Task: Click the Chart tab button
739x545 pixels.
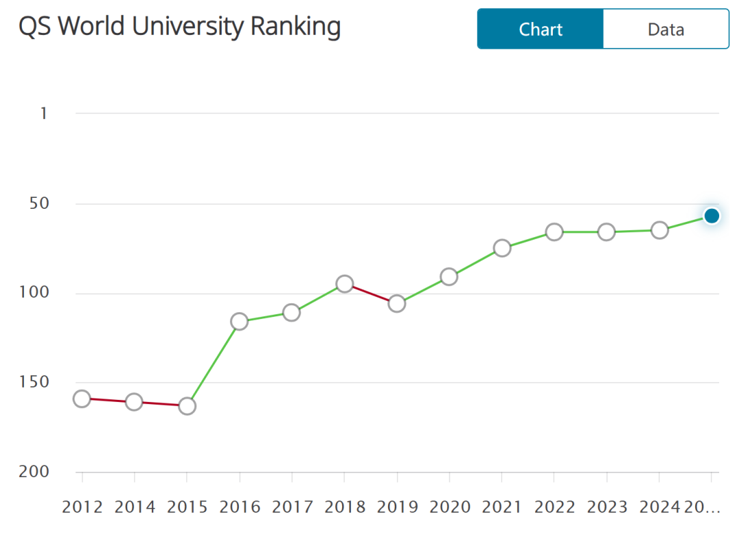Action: tap(541, 29)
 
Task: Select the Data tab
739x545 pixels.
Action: tap(666, 29)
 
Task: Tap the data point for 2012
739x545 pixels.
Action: tap(82, 398)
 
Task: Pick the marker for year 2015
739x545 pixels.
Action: tap(187, 406)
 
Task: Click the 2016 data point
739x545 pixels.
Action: tap(239, 321)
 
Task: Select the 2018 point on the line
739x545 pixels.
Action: tap(345, 283)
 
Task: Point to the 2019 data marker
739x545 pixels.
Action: tap(397, 303)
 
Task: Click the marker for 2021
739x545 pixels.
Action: tap(502, 248)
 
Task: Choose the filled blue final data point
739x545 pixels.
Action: tap(712, 216)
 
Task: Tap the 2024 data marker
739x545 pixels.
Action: tap(660, 230)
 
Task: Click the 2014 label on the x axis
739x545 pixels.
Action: tap(135, 507)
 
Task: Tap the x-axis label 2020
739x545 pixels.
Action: tap(450, 507)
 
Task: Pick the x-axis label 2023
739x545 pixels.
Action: tap(607, 507)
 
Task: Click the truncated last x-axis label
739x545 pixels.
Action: tap(702, 507)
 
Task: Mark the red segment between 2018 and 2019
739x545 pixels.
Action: tap(371, 294)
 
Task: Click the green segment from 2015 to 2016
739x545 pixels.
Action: tap(213, 364)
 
